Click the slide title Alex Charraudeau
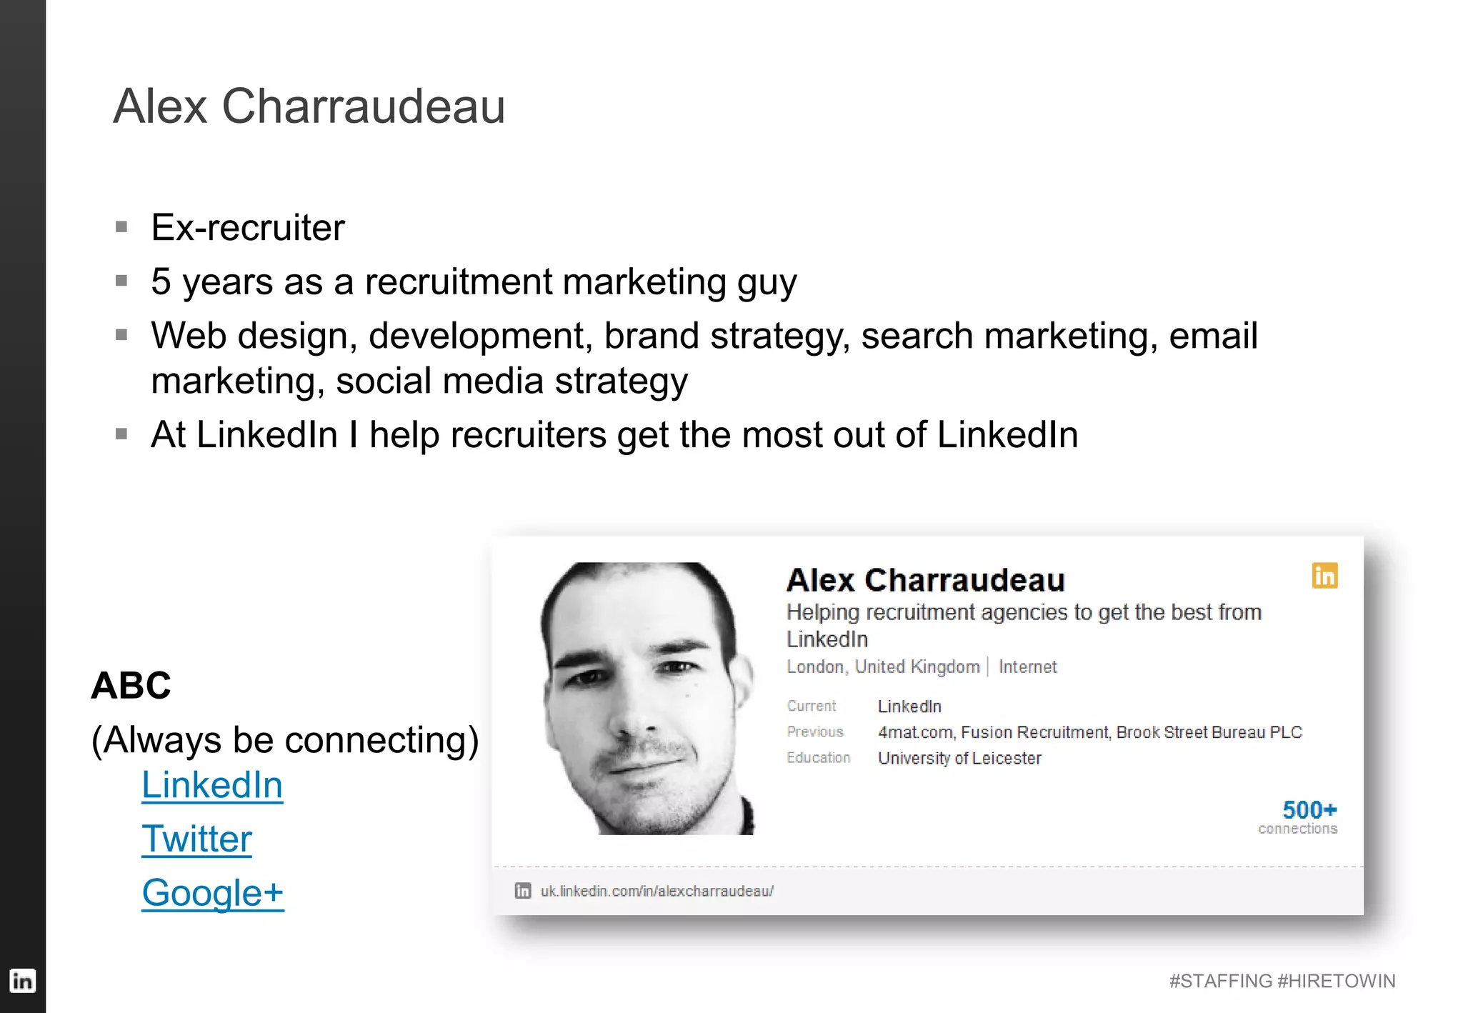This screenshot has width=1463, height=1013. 309,106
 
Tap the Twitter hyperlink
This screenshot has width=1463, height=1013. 196,839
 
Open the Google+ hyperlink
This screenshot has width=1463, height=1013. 213,892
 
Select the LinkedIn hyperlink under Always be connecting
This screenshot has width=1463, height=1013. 212,785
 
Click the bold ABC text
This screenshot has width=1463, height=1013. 131,686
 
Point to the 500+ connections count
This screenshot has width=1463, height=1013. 1309,810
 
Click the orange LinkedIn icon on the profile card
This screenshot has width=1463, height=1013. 1324,576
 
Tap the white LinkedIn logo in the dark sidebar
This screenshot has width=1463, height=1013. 22,981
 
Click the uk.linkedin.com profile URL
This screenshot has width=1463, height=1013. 656,891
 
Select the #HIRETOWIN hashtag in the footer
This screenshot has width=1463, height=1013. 1337,981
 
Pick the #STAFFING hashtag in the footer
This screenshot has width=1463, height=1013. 1221,981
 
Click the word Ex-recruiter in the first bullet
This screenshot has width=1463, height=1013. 248,228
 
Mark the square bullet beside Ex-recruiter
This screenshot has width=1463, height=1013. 121,227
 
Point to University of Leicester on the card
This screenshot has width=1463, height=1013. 959,758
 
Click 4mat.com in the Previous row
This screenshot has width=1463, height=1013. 916,732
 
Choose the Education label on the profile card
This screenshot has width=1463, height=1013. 819,758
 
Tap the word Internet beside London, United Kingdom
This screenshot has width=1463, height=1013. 1027,667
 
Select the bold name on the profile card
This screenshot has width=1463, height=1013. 925,580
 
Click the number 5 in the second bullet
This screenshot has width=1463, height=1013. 161,281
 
